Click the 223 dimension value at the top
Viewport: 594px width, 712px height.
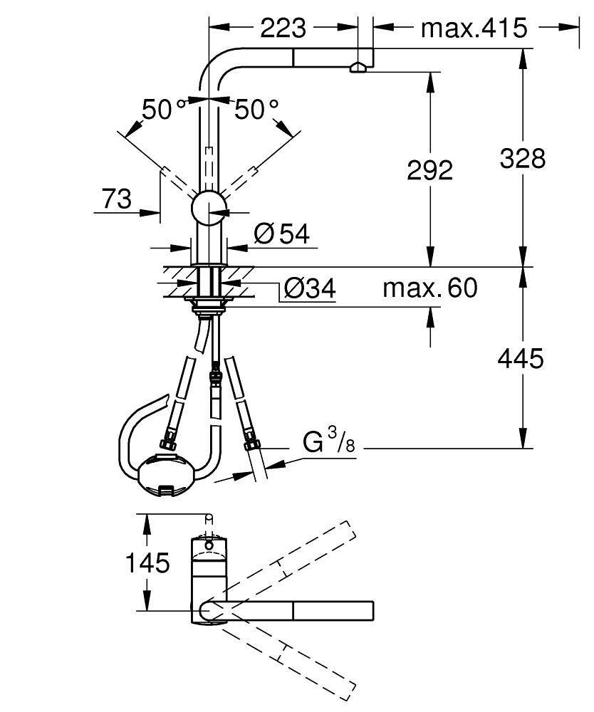pos(283,28)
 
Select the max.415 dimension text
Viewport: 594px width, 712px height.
pos(474,28)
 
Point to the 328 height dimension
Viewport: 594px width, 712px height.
pos(523,159)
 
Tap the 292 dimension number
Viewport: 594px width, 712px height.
pos(429,170)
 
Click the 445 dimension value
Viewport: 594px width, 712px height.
pos(521,358)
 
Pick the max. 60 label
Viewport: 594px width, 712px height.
pos(430,288)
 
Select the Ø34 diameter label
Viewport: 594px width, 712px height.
pos(310,288)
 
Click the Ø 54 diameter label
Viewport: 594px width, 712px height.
pos(282,234)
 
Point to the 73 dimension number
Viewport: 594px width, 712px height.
pos(116,199)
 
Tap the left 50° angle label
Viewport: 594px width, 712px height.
pos(164,110)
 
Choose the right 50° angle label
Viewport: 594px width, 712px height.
pos(256,110)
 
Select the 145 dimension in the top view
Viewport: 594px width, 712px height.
pos(147,563)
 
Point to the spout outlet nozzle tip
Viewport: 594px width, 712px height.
pos(358,68)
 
